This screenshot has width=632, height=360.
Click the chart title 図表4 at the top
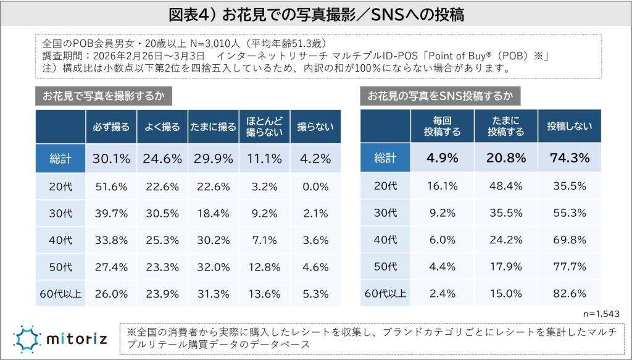point(316,14)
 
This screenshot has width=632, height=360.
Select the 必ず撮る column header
point(111,127)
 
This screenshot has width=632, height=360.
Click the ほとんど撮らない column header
point(265,127)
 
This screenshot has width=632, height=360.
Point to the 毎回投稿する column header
point(442,127)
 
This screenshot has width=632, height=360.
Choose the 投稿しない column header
point(569,127)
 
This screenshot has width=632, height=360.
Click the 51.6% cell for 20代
point(111,186)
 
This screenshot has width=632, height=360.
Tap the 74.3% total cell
point(569,158)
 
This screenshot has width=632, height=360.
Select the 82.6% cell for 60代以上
point(569,294)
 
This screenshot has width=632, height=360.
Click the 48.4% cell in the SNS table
point(505,186)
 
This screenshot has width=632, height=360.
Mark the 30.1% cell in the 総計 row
point(111,158)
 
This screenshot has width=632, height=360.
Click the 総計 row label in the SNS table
point(386,158)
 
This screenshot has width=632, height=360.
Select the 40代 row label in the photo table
point(60,240)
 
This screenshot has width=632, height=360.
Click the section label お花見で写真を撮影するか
point(103,96)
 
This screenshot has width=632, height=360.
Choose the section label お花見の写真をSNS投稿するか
point(439,96)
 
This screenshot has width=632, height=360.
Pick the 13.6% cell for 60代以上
point(265,294)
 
